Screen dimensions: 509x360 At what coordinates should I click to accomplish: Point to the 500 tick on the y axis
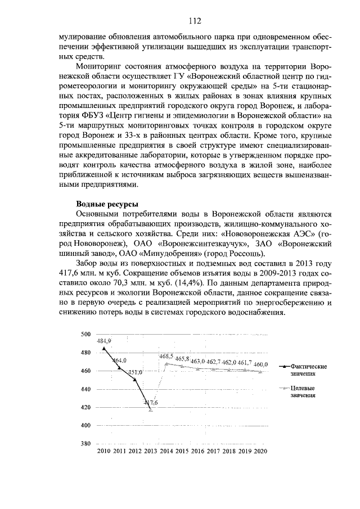coord(85,334)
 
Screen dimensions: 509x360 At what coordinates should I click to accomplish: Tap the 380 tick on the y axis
coord(85,444)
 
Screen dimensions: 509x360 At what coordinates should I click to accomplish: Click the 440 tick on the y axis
coord(85,389)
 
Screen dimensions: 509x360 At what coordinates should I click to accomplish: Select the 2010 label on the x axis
coord(104,452)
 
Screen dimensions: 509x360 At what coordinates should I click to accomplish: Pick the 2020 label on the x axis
coord(260,452)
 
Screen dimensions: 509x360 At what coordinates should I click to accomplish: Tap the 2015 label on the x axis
coord(182,452)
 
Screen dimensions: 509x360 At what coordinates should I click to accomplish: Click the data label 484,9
coord(104,341)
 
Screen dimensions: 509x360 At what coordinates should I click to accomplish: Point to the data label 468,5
coord(166,357)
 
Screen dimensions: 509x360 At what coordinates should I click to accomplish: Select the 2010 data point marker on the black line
coord(104,348)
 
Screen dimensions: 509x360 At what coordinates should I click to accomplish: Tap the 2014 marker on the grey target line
coord(166,363)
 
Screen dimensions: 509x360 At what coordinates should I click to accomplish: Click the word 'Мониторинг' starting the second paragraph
coord(99,66)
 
